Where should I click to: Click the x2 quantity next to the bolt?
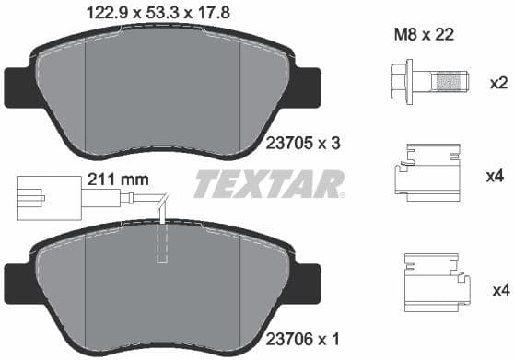tap(497, 84)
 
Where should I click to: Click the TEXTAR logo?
tap(265, 185)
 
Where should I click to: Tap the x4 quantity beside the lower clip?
tap(497, 291)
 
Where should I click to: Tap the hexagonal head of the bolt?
tap(402, 84)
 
